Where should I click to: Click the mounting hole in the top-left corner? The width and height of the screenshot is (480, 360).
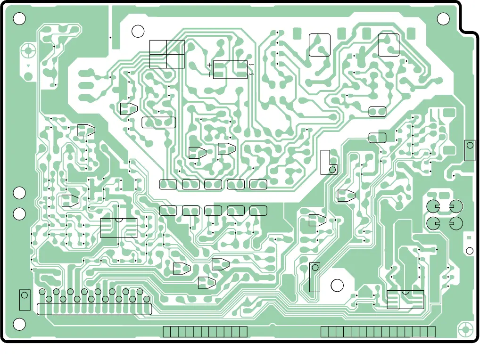point(19,18)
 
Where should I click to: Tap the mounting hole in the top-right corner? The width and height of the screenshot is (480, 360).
point(443,18)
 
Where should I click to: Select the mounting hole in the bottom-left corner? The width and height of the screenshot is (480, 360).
point(19,324)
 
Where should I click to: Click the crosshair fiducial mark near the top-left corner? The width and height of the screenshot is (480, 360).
point(29,50)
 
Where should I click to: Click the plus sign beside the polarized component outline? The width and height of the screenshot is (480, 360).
point(209,65)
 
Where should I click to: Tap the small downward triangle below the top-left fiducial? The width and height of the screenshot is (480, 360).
point(29,66)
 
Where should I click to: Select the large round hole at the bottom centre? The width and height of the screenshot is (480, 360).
point(337,286)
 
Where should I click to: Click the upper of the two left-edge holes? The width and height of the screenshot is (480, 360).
point(19,193)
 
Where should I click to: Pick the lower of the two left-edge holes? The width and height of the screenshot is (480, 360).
point(19,214)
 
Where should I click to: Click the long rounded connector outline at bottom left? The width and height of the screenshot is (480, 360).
point(94,309)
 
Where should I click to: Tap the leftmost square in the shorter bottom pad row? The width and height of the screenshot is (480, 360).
point(167,332)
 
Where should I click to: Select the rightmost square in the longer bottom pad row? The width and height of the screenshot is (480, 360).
point(431,332)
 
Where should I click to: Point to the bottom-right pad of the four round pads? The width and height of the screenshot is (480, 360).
point(456,223)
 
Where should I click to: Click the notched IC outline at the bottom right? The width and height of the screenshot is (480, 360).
point(405,299)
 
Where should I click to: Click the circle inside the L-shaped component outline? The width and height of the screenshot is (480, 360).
point(332,169)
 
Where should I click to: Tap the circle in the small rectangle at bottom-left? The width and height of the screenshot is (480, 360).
point(25,296)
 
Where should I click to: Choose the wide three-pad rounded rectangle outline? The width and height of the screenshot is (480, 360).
point(158,123)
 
